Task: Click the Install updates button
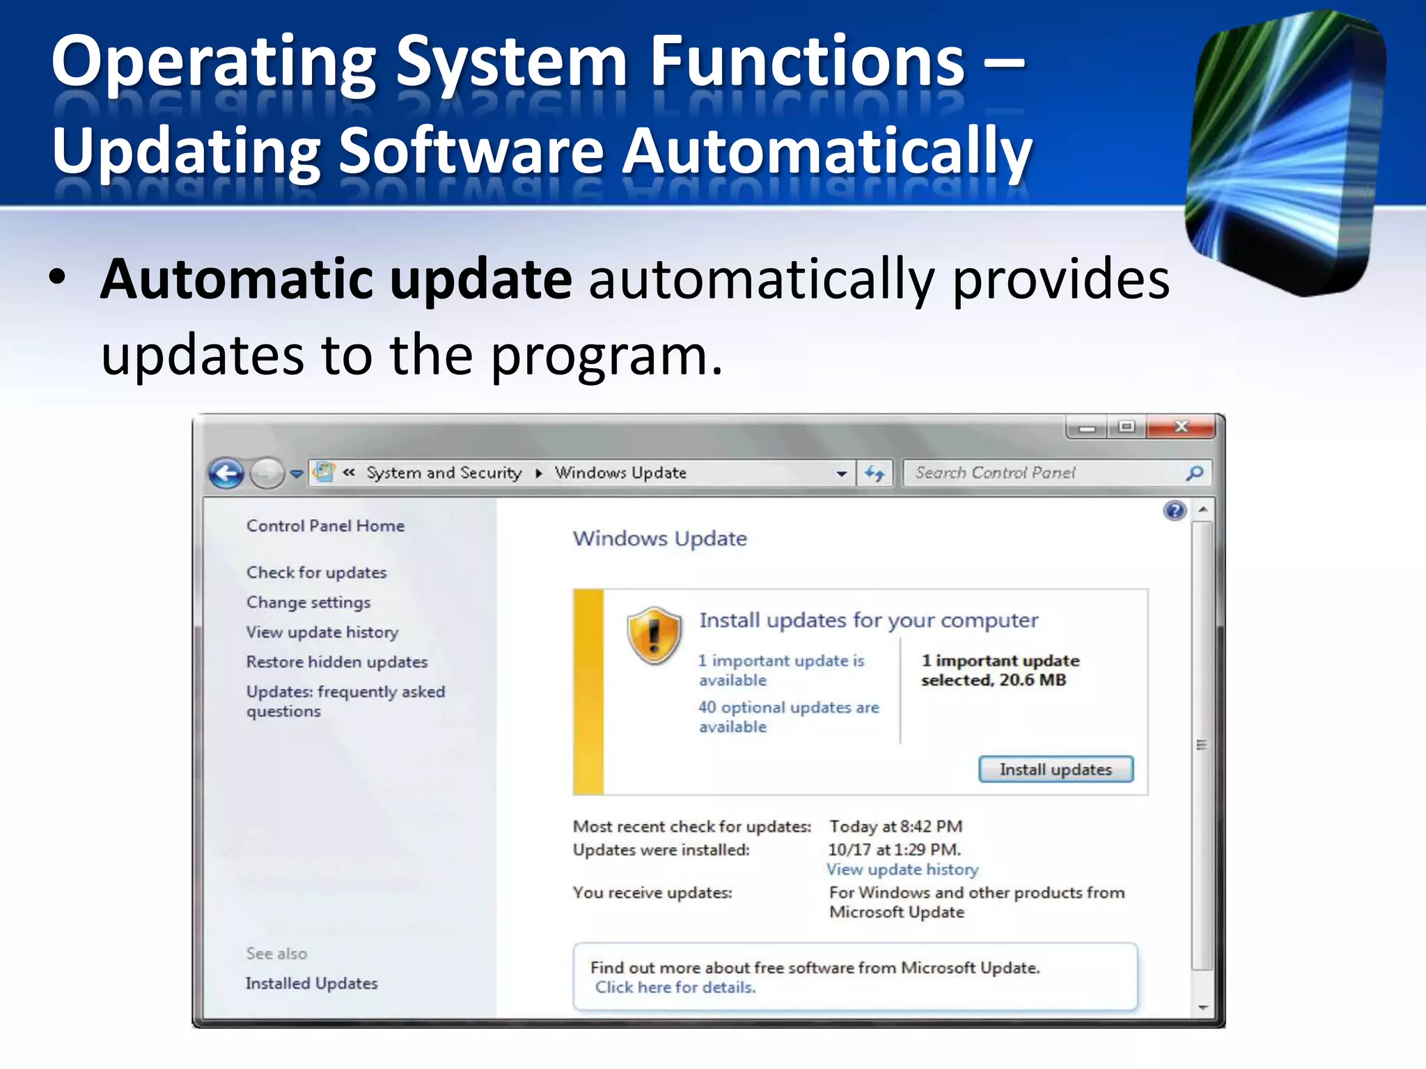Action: [x=1056, y=769]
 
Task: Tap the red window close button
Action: [x=1181, y=427]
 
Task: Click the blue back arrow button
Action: [x=226, y=474]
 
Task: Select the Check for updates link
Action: [x=316, y=572]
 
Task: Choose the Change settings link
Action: [x=308, y=602]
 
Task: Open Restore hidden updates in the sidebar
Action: [x=337, y=662]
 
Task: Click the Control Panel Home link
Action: [x=325, y=525]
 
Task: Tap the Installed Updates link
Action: [x=311, y=983]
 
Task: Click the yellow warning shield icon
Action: [x=654, y=634]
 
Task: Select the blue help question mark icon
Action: [x=1175, y=512]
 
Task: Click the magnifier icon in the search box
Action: [x=1194, y=473]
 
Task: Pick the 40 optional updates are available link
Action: [x=788, y=717]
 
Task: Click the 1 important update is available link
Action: [x=781, y=670]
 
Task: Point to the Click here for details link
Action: [x=675, y=988]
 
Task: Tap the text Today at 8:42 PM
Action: [x=895, y=826]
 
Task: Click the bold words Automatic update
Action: [x=336, y=279]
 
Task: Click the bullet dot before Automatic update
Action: [x=58, y=278]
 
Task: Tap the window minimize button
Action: [x=1087, y=427]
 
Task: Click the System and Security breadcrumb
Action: [x=444, y=473]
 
